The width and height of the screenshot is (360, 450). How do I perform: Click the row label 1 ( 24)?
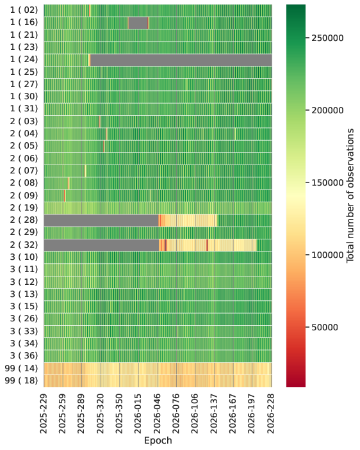click(x=24, y=60)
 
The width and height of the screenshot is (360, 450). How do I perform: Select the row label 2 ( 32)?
click(x=24, y=245)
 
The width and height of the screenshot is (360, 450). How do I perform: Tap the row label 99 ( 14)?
click(x=21, y=368)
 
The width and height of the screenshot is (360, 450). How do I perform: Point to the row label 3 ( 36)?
click(x=24, y=356)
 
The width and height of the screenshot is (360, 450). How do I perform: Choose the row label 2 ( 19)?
click(x=24, y=208)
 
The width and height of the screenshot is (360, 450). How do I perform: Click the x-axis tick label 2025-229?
click(x=44, y=414)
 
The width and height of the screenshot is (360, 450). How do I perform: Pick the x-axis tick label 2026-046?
click(x=158, y=414)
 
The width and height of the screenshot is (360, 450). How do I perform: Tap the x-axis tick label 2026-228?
click(x=271, y=414)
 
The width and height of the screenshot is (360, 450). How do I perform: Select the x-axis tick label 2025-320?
click(x=101, y=414)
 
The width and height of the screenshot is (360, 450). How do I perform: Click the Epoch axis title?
click(x=158, y=440)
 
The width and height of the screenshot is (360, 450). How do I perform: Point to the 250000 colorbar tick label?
click(x=327, y=38)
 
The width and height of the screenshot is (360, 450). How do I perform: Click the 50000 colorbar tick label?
click(x=325, y=328)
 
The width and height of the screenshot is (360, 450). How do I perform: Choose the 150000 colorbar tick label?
click(x=327, y=183)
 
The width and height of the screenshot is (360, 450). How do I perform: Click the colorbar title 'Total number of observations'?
click(x=350, y=195)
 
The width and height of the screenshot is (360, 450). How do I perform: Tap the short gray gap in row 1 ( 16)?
click(x=138, y=22)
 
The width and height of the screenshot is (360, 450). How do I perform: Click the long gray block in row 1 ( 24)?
click(x=181, y=60)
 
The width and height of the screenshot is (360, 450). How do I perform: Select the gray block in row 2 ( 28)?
click(x=101, y=220)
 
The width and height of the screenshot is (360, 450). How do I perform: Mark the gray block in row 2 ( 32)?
click(x=101, y=245)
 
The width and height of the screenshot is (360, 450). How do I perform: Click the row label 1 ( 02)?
click(x=24, y=10)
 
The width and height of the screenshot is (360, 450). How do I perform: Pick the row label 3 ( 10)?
click(x=24, y=257)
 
